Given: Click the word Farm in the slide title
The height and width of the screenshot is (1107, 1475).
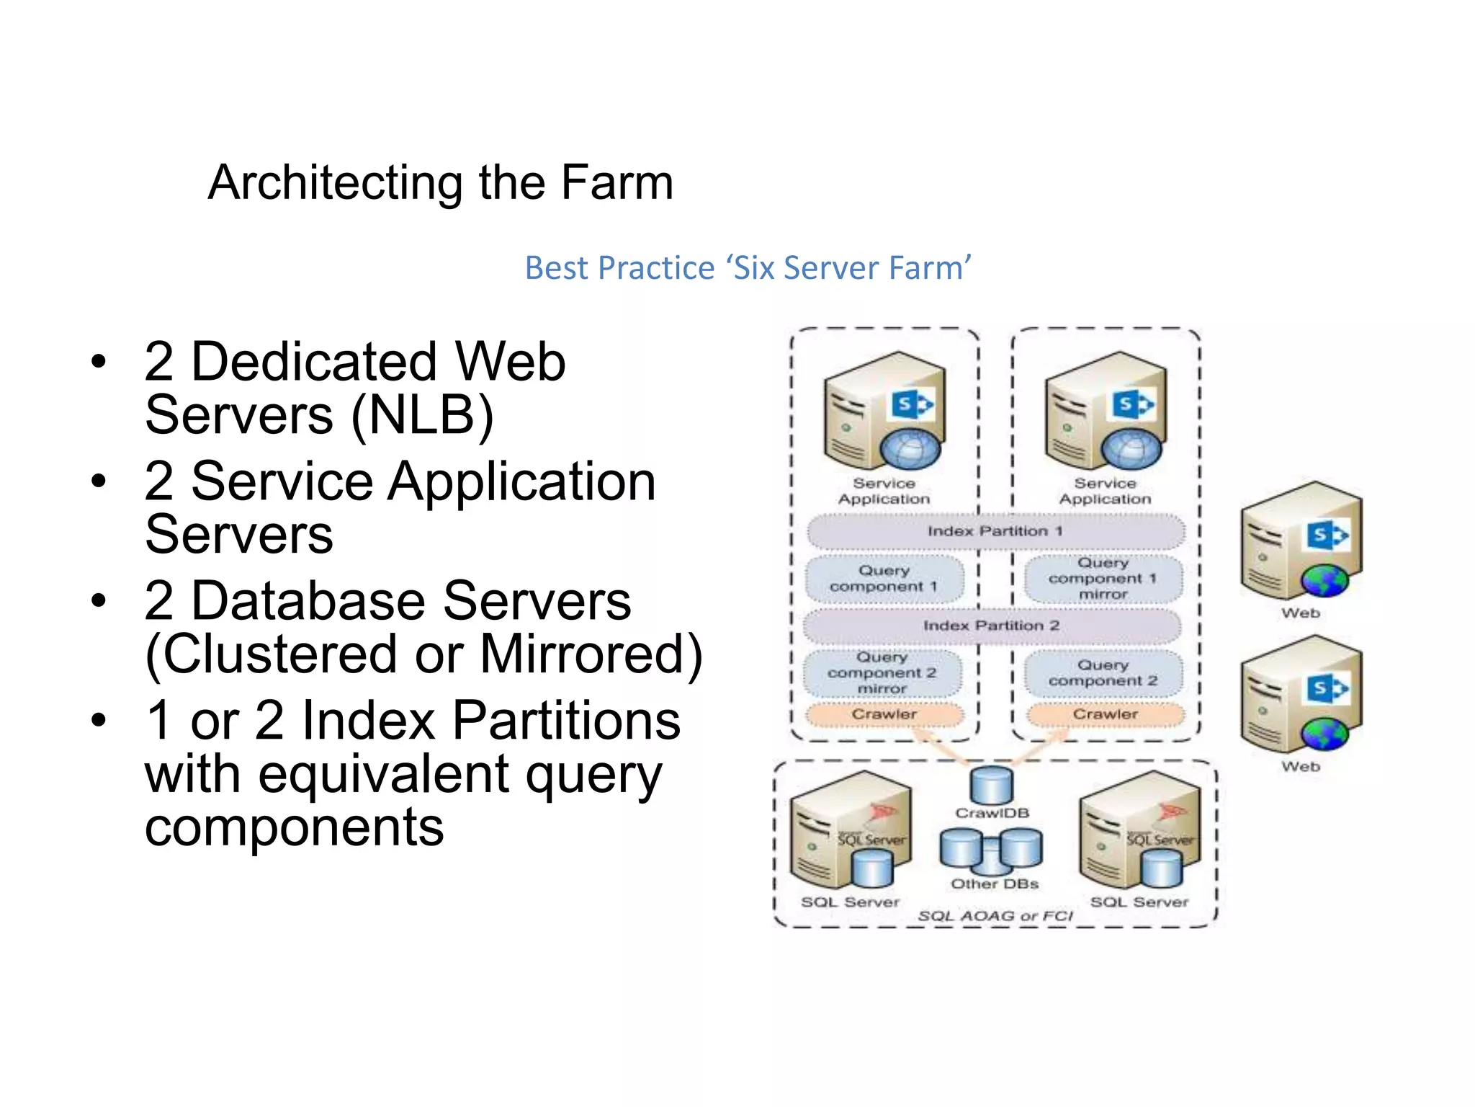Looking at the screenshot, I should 617,182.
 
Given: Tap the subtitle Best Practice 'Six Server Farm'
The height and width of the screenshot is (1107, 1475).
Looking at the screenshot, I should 748,267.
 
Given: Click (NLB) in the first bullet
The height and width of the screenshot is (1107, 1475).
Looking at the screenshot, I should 422,415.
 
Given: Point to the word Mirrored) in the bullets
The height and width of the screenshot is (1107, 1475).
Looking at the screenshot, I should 591,654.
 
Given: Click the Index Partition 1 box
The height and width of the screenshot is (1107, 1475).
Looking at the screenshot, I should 995,531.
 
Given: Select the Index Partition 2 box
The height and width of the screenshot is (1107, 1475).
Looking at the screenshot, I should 991,626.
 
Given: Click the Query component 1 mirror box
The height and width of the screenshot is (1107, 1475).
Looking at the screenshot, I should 1103,578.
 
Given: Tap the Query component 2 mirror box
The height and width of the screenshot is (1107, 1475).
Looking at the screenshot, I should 882,673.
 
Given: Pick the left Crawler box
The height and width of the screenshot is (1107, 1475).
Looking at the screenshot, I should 884,714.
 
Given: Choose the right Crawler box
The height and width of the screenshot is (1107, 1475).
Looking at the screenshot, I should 1105,714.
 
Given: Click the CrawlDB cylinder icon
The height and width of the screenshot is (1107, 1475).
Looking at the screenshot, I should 991,786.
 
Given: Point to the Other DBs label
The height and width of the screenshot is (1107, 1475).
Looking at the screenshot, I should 994,884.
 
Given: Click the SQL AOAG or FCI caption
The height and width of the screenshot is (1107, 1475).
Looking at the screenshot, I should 995,916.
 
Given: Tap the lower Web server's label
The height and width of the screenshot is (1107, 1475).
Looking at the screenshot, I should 1301,767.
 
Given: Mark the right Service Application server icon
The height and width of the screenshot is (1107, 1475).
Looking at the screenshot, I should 1105,411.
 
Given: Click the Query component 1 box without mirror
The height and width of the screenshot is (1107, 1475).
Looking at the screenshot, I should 884,578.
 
